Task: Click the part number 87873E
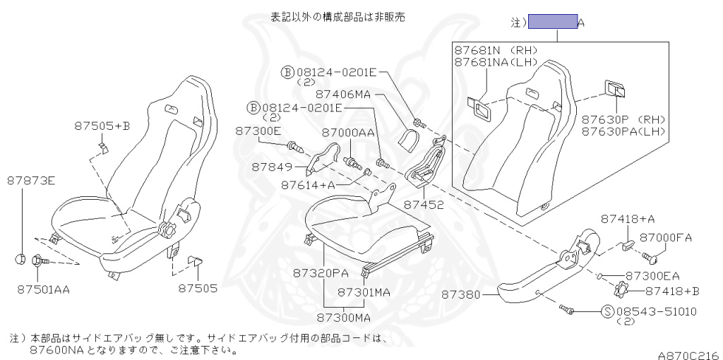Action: click(x=31, y=181)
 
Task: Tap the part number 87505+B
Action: click(x=102, y=126)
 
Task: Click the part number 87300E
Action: click(x=258, y=131)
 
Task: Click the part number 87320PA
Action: click(x=321, y=272)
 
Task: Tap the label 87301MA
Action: click(x=363, y=292)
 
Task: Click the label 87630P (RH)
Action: click(x=623, y=119)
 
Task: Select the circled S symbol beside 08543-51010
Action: click(x=607, y=311)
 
